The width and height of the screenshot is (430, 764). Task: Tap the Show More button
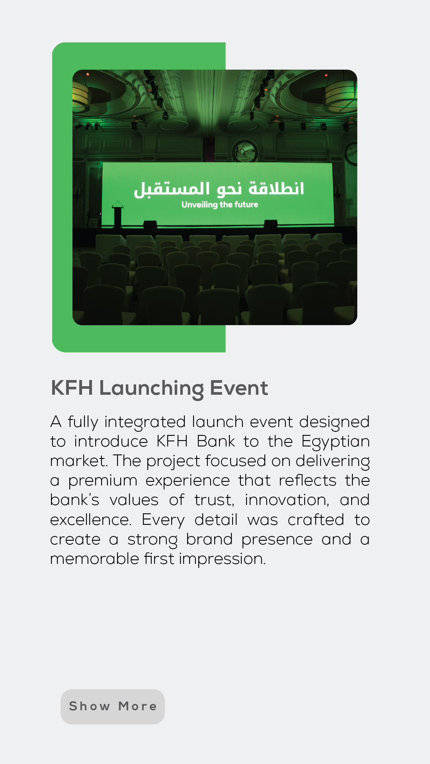tap(113, 706)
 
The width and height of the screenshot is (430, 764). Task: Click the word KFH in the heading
tap(72, 388)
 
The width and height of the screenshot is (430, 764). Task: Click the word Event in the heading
tap(239, 388)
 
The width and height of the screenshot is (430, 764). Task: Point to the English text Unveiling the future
tap(220, 205)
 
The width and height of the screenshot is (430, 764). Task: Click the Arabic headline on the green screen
tap(219, 189)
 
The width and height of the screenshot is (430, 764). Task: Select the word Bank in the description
tap(216, 441)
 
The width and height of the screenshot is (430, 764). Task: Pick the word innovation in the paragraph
tap(287, 500)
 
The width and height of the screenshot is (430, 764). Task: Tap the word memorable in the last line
tap(94, 559)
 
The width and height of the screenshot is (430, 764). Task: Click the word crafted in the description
tap(316, 520)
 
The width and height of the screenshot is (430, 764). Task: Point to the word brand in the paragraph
tap(209, 539)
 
